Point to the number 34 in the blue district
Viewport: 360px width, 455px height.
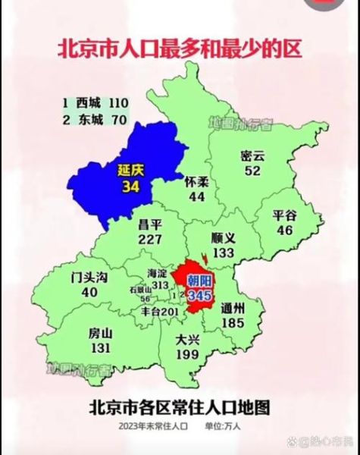tap(130, 187)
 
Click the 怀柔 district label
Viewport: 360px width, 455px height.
tap(197, 182)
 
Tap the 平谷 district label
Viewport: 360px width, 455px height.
tap(287, 215)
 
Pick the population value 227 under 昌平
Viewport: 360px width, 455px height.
tap(152, 239)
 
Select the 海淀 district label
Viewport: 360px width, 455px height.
tap(157, 272)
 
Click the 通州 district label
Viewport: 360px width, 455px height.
tap(233, 309)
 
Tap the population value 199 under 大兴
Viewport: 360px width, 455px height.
tap(187, 355)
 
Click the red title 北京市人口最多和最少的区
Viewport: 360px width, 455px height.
tap(180, 49)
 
